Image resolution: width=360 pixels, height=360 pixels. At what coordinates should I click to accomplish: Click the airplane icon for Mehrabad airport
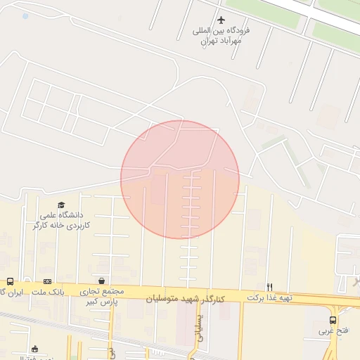tap(222, 20)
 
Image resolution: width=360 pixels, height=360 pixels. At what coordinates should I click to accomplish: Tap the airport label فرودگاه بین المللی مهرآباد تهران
tap(222, 36)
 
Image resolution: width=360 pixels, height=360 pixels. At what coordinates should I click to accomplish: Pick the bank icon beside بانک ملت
tap(47, 281)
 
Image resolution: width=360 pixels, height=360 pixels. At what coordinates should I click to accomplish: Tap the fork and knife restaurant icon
tap(269, 287)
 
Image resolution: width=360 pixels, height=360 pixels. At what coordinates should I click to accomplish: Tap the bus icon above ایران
tap(10, 281)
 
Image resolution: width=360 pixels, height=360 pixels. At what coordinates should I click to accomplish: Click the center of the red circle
tap(180, 179)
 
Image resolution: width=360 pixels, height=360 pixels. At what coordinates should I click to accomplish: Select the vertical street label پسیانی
tap(199, 328)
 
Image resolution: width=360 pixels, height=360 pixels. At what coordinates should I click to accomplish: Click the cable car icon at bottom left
tap(34, 348)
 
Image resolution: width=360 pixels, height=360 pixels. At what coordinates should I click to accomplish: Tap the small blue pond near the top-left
tap(26, 15)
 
